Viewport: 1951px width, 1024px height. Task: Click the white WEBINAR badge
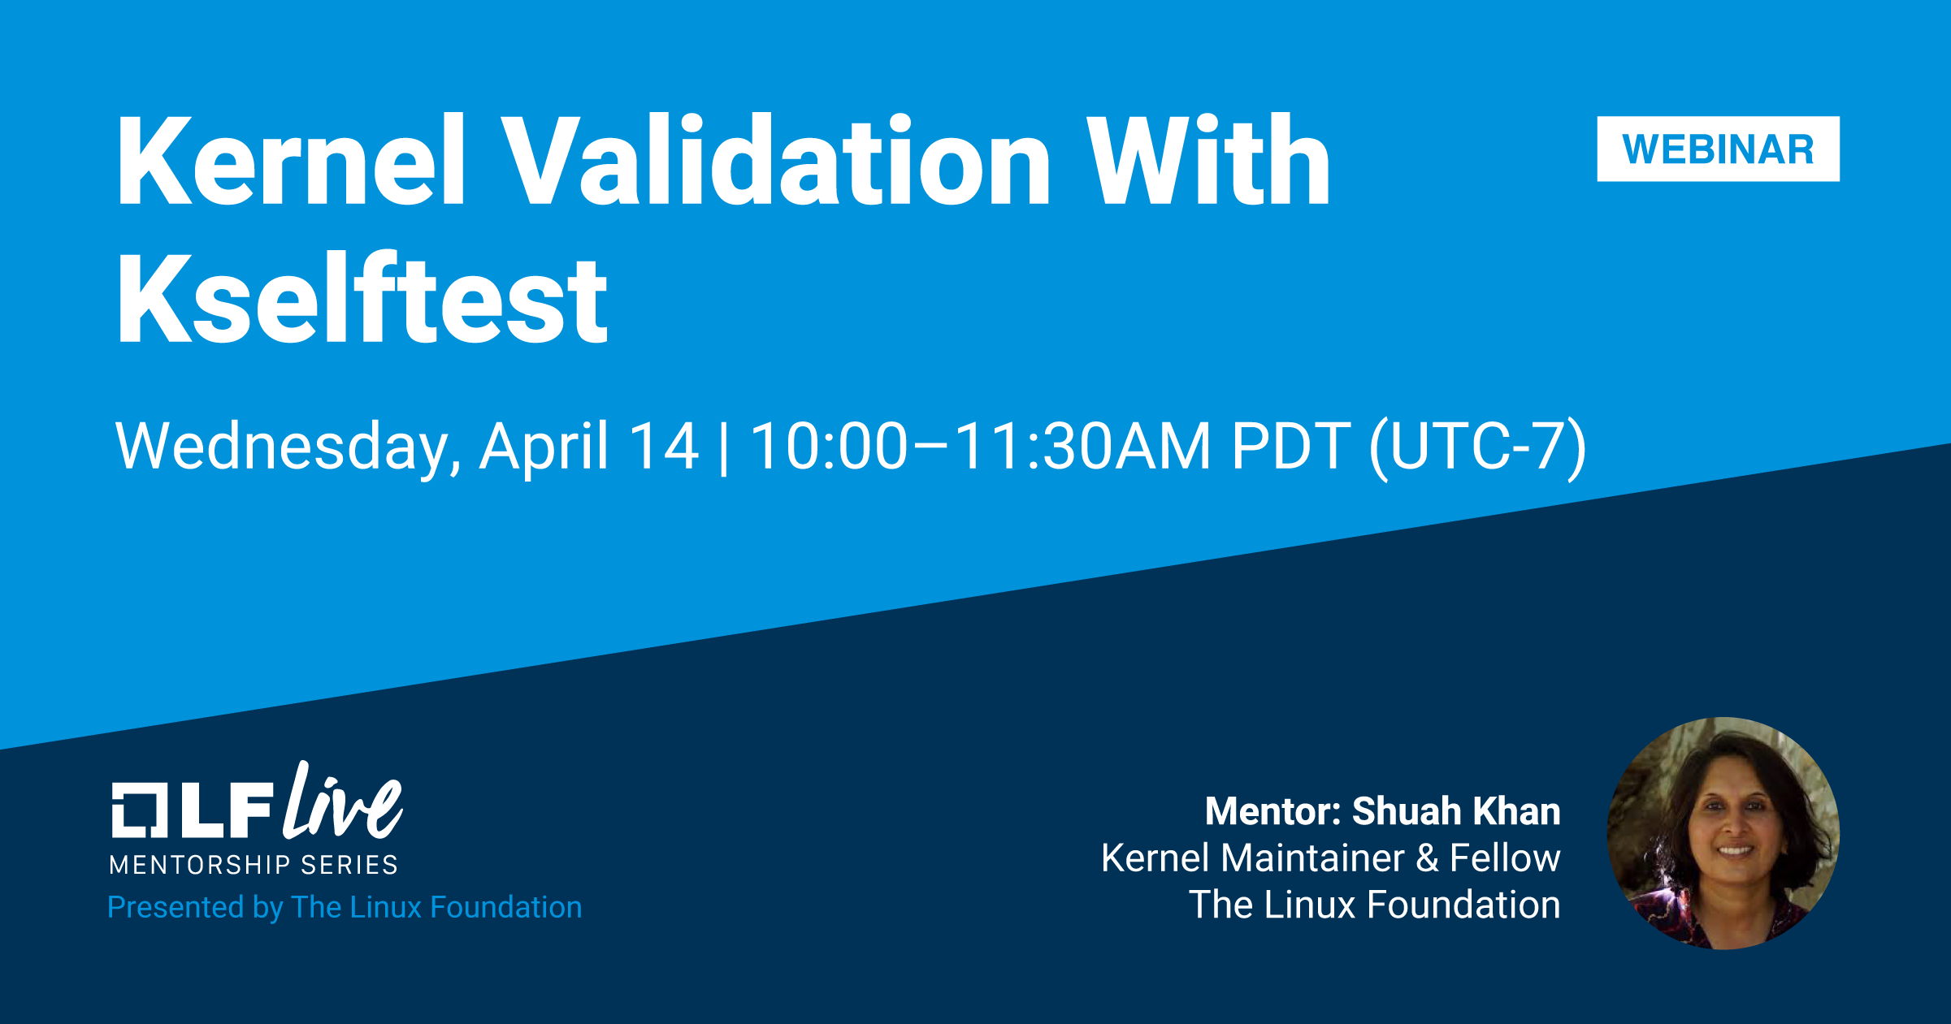(x=1718, y=149)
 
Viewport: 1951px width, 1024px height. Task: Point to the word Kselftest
(x=362, y=298)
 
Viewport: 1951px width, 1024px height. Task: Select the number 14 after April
(x=664, y=446)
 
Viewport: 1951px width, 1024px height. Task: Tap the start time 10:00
(x=828, y=446)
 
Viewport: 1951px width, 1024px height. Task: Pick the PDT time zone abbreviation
(x=1291, y=446)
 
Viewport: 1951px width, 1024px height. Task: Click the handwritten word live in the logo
(x=342, y=801)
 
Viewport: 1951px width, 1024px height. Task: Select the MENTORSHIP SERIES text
(x=254, y=865)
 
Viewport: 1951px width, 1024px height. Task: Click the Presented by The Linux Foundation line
(x=345, y=907)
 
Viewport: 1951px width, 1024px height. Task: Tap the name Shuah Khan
(x=1456, y=811)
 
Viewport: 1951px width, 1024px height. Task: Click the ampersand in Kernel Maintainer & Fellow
(x=1428, y=858)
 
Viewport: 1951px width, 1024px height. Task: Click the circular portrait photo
(x=1723, y=833)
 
